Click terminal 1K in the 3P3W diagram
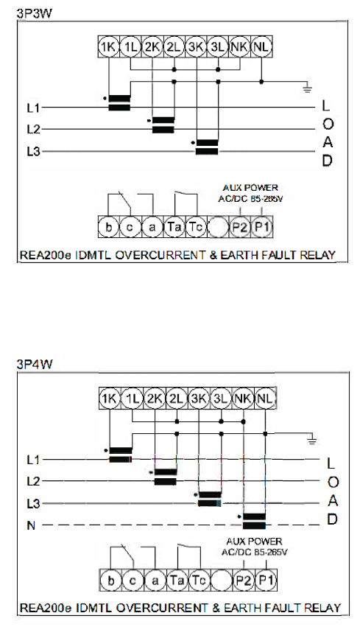[108, 47]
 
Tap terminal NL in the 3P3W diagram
[261, 47]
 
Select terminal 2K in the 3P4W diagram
[154, 399]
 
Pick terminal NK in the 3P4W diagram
[243, 399]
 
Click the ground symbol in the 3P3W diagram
[307, 88]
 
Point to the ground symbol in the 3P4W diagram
[312, 441]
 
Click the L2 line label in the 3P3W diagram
[34, 130]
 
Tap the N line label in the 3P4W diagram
[31, 525]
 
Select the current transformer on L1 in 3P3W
[119, 102]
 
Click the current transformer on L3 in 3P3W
[207, 147]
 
